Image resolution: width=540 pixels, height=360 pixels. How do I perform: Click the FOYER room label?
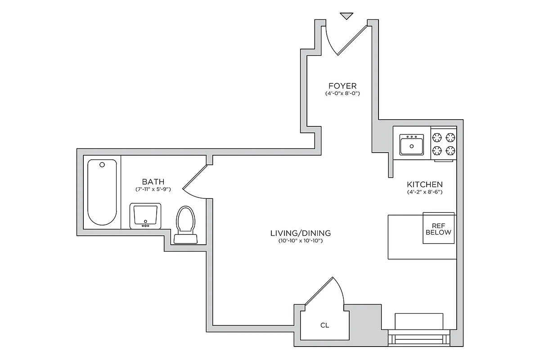point(342,85)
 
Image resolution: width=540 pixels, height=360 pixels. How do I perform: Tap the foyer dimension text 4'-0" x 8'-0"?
point(342,94)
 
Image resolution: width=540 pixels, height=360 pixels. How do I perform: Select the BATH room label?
point(153,182)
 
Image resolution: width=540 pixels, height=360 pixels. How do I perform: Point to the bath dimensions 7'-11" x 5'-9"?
point(153,189)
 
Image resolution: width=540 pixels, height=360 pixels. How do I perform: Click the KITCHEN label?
point(425,184)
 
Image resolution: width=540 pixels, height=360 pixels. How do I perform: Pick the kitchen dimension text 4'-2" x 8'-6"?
point(425,192)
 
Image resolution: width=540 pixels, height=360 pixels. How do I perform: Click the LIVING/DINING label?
point(301,233)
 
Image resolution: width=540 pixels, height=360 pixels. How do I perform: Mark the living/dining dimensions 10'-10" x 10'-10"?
point(301,241)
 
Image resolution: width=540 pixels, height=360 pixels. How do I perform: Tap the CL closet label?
point(324,324)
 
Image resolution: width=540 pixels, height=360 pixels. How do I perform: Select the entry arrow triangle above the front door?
point(346,16)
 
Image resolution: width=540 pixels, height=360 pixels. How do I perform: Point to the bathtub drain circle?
point(102,165)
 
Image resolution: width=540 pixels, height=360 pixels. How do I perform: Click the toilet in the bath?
point(185,224)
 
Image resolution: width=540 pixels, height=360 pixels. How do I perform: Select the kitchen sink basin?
point(411,146)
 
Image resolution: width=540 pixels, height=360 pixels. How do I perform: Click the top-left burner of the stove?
point(437,137)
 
